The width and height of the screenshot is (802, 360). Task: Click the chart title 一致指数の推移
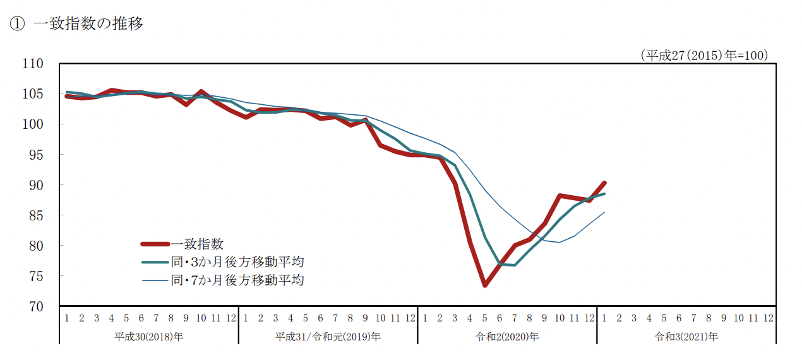(x=88, y=24)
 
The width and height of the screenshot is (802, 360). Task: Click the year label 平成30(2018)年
(x=148, y=337)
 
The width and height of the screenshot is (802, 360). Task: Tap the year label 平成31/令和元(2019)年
(x=328, y=337)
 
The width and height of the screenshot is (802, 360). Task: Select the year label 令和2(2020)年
(x=507, y=337)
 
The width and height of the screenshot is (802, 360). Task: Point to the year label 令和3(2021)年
(x=686, y=337)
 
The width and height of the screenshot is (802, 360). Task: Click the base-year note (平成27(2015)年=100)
(x=704, y=56)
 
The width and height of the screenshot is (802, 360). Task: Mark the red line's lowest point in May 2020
(x=485, y=285)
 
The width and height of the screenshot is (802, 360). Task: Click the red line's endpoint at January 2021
(x=604, y=183)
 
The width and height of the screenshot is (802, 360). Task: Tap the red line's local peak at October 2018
(x=201, y=92)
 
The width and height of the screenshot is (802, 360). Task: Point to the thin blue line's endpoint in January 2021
(x=604, y=212)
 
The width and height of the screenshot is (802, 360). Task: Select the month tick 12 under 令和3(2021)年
(x=769, y=318)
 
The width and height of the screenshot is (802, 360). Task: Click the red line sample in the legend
(x=155, y=244)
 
